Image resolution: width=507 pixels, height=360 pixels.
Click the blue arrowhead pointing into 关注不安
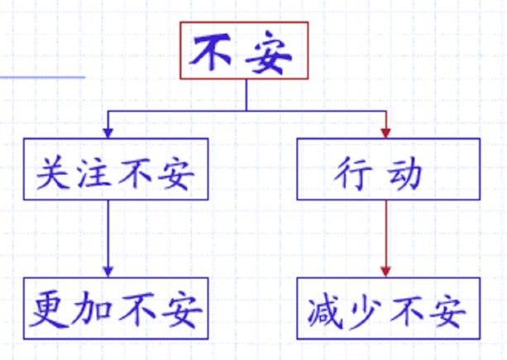point(108,133)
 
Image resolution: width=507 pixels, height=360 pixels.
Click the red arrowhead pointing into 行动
point(385,133)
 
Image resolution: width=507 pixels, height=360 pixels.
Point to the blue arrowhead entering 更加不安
point(108,271)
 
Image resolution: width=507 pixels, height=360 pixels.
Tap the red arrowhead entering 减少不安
point(385,271)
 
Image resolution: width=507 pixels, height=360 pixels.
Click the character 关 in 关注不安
point(52,172)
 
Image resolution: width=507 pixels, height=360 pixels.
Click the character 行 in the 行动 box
point(352,173)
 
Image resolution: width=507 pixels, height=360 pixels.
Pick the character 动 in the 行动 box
point(404,174)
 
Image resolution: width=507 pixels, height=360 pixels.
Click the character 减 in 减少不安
point(326,312)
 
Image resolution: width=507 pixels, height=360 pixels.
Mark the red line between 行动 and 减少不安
point(385,233)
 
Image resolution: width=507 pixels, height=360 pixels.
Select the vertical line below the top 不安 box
point(246,95)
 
